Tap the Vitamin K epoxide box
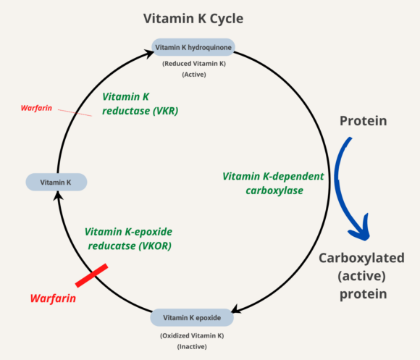coord(192,317)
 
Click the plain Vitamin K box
coord(56,183)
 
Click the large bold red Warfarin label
coord(54,298)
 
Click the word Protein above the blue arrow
coord(364,120)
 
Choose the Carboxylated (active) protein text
coord(361,276)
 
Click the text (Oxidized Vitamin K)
coord(192,335)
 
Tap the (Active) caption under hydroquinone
coord(192,75)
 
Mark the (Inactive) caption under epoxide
coord(192,346)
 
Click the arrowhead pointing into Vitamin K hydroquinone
coord(147,49)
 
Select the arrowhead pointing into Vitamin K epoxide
coord(237,312)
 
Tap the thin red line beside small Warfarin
coord(75,112)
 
